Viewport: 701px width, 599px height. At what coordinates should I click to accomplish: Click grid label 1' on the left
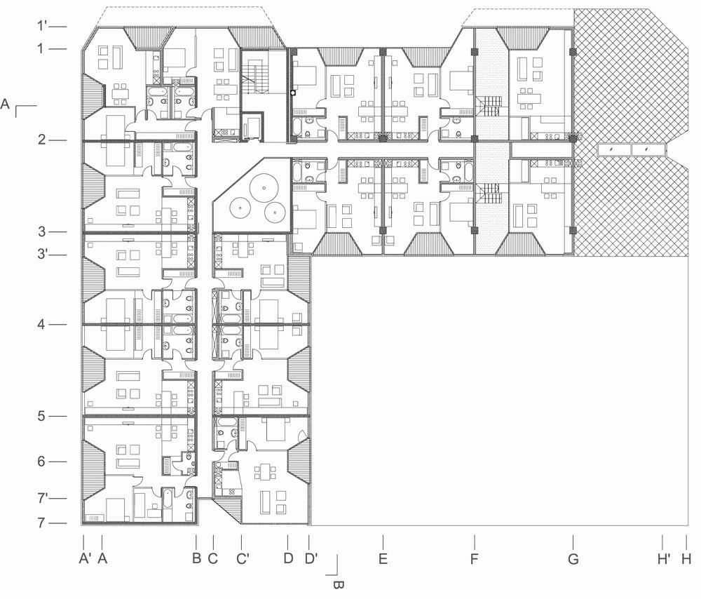click(x=42, y=25)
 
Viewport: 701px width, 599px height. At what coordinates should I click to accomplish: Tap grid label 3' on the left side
click(x=42, y=254)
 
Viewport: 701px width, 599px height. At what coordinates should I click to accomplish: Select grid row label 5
click(x=41, y=416)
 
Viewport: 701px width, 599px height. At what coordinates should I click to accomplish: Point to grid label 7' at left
click(x=43, y=497)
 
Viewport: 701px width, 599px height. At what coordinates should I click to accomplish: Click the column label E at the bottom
click(x=383, y=559)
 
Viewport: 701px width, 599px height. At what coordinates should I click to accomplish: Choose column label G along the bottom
click(x=573, y=559)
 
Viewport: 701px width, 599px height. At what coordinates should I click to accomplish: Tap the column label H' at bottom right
click(x=663, y=559)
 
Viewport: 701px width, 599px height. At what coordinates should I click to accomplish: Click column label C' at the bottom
click(x=243, y=559)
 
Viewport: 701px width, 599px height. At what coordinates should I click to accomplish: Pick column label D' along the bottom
click(x=311, y=559)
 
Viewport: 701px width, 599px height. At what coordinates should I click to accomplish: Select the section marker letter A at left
click(x=5, y=105)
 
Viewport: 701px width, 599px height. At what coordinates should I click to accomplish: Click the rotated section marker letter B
click(x=339, y=584)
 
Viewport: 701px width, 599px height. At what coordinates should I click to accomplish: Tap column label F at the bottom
click(x=475, y=559)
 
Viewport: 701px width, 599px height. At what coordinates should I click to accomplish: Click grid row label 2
click(x=41, y=140)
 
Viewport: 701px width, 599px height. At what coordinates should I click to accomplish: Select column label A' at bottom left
click(x=85, y=559)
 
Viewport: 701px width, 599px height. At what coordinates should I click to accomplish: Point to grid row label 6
click(x=41, y=462)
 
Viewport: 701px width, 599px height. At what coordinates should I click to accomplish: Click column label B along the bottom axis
click(x=196, y=559)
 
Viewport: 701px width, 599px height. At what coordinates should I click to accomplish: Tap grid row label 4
click(x=41, y=324)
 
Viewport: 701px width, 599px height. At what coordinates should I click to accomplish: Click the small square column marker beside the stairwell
click(x=293, y=93)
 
